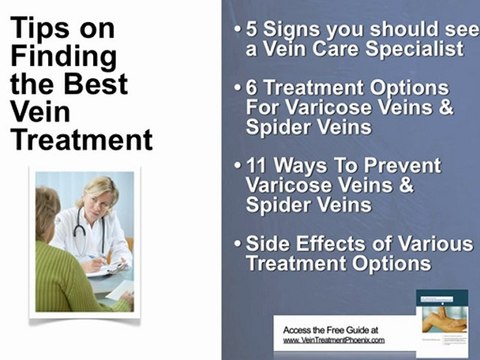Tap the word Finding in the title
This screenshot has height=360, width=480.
(63, 57)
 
